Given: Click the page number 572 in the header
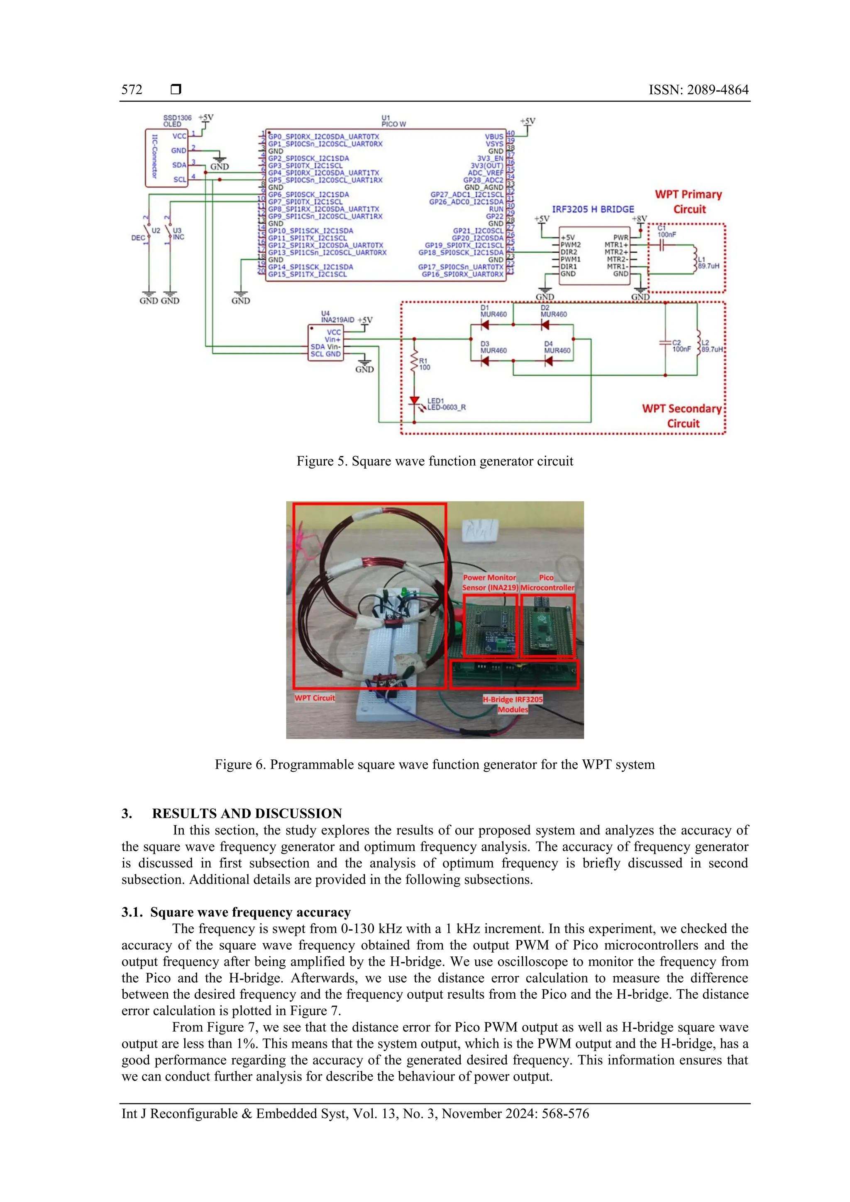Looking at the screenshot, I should (132, 90).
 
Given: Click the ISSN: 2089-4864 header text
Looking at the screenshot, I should (698, 90).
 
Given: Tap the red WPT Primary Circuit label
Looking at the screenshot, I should (688, 202).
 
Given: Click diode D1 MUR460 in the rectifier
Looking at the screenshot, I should (484, 325).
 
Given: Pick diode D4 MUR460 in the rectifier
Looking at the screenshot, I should (548, 361).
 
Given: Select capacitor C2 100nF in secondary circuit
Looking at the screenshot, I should (666, 344).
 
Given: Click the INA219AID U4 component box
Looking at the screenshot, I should (325, 343).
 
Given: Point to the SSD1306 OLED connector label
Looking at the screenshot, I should (177, 121).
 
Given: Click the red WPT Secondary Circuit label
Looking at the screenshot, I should (682, 416).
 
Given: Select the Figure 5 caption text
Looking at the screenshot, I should (435, 461).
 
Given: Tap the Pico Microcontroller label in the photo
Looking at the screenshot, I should (547, 583).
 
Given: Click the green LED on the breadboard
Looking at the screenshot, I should (404, 592).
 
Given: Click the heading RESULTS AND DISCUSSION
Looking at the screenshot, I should (247, 813).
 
